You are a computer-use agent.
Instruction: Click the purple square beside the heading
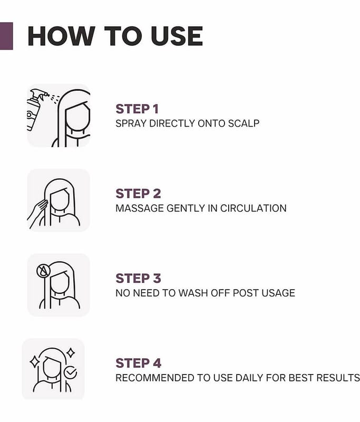coord(6,36)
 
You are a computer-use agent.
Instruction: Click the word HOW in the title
coord(61,36)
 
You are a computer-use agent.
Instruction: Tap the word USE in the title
coord(177,36)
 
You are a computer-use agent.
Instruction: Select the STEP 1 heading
coord(137,109)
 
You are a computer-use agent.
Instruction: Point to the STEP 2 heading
coord(138,194)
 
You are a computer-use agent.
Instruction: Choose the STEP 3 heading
coord(138,279)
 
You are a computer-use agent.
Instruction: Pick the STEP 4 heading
coord(139,363)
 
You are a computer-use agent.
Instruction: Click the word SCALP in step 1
coord(244,123)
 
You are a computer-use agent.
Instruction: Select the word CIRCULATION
coord(253,208)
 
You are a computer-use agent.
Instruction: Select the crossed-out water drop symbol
coord(43,271)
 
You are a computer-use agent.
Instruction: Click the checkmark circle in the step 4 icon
coord(71,373)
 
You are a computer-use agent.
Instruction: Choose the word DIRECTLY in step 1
coord(172,123)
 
